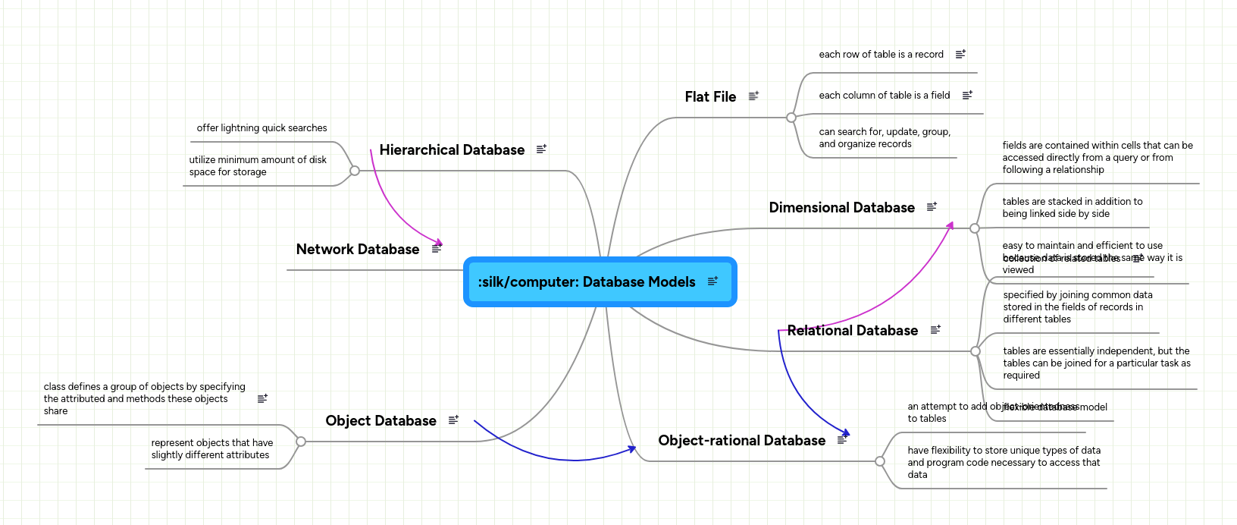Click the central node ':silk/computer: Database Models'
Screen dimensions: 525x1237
coord(586,282)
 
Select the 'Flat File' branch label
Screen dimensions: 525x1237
coord(710,97)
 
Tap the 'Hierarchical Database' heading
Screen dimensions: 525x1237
coord(452,150)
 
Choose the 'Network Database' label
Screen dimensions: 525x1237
coord(357,250)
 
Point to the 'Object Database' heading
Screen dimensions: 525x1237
coord(380,421)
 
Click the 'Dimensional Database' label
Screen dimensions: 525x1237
coord(841,208)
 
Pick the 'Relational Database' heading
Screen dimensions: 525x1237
coord(852,331)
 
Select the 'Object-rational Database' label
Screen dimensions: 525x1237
coord(741,441)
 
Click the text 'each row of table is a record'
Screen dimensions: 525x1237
coord(881,55)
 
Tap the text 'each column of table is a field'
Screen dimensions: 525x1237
coord(884,96)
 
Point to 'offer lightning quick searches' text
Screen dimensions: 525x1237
coord(261,128)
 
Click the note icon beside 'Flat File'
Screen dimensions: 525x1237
coord(753,96)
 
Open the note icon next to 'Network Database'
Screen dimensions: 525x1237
coord(437,249)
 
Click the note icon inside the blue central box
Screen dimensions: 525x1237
coord(712,281)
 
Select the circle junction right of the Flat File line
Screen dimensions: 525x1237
coord(791,118)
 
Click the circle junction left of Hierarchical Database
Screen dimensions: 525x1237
coord(354,171)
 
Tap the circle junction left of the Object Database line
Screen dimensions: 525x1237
coord(301,442)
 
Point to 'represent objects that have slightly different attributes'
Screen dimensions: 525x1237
coord(211,449)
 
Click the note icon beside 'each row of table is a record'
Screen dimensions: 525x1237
coord(960,55)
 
